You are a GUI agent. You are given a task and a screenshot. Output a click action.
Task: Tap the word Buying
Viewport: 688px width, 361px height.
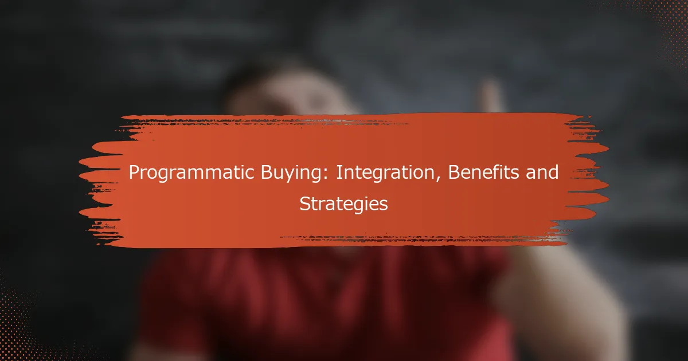pyautogui.click(x=294, y=173)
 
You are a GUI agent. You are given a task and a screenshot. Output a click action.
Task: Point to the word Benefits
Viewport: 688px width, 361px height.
pyautogui.click(x=483, y=172)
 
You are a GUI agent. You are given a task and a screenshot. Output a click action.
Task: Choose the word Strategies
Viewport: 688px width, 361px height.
pyautogui.click(x=343, y=205)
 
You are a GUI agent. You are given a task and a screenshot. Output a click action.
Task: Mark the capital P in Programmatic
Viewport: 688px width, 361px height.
pyautogui.click(x=134, y=172)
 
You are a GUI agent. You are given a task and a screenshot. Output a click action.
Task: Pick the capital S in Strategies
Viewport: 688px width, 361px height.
pyautogui.click(x=304, y=204)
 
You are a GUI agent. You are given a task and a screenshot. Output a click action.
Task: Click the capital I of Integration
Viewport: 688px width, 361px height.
pyautogui.click(x=339, y=172)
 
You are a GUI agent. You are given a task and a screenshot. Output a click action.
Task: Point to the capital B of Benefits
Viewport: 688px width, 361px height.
pyautogui.click(x=454, y=172)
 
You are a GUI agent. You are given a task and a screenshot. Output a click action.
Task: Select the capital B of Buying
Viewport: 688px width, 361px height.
pyautogui.click(x=267, y=172)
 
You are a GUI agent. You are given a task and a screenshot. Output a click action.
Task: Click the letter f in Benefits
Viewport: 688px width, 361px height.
pyautogui.click(x=496, y=172)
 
